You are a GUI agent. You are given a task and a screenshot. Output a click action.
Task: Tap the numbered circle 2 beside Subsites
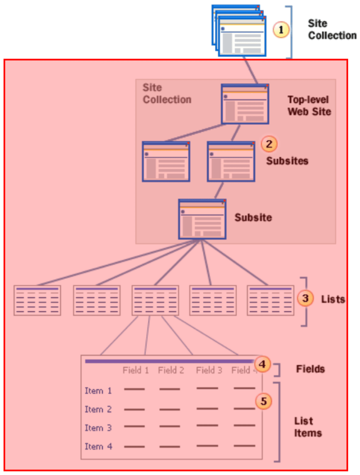[x=269, y=144]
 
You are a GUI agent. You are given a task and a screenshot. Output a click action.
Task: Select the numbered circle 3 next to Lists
[x=306, y=298]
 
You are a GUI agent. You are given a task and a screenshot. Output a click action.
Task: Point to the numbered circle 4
[x=262, y=364]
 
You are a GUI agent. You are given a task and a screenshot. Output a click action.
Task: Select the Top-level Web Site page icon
[x=245, y=104]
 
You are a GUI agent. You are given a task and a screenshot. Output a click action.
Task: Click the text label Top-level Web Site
[x=309, y=106]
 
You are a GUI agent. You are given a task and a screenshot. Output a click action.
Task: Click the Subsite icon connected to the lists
[x=202, y=219]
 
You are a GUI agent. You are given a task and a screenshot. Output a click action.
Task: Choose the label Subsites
[x=287, y=161]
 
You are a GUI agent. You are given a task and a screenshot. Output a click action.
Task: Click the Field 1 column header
[x=136, y=370]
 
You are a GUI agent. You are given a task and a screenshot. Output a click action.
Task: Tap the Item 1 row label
[x=98, y=390]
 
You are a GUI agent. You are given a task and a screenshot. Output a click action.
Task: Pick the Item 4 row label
[x=98, y=446]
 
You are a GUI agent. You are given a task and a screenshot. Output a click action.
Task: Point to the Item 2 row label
[x=98, y=410]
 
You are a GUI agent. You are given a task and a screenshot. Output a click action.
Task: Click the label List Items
[x=308, y=427]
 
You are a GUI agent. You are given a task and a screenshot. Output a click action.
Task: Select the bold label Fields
[x=310, y=368]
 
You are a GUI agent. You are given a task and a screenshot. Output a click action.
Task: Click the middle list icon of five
[x=155, y=300]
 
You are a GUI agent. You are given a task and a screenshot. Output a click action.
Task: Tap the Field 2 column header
[x=171, y=370]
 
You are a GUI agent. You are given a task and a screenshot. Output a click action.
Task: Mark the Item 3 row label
[x=98, y=428]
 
